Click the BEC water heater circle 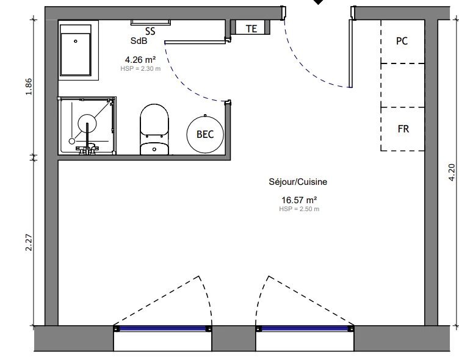point(205,134)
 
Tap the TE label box point(251,28)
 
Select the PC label point(402,41)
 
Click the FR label point(403,129)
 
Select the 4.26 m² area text point(140,59)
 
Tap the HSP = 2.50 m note point(299,209)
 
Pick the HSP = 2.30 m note point(140,68)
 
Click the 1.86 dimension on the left point(29,87)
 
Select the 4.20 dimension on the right point(452,173)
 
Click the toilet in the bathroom point(153,129)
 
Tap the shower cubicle point(87,126)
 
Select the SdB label point(139,41)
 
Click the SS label point(150,31)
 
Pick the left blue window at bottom point(162,329)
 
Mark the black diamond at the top point(318,2)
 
